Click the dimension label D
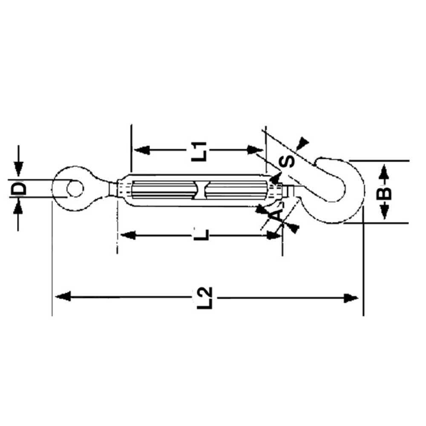(x=18, y=189)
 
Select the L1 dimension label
(x=199, y=151)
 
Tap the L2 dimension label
(x=205, y=297)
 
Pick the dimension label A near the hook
(x=275, y=216)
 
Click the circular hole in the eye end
(x=75, y=188)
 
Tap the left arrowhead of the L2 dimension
(x=63, y=296)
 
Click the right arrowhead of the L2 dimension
(x=351, y=298)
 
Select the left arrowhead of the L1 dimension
(x=142, y=150)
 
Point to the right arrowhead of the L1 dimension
(x=255, y=150)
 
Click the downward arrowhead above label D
(x=18, y=168)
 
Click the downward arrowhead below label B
(x=384, y=212)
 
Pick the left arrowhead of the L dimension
(x=128, y=235)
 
